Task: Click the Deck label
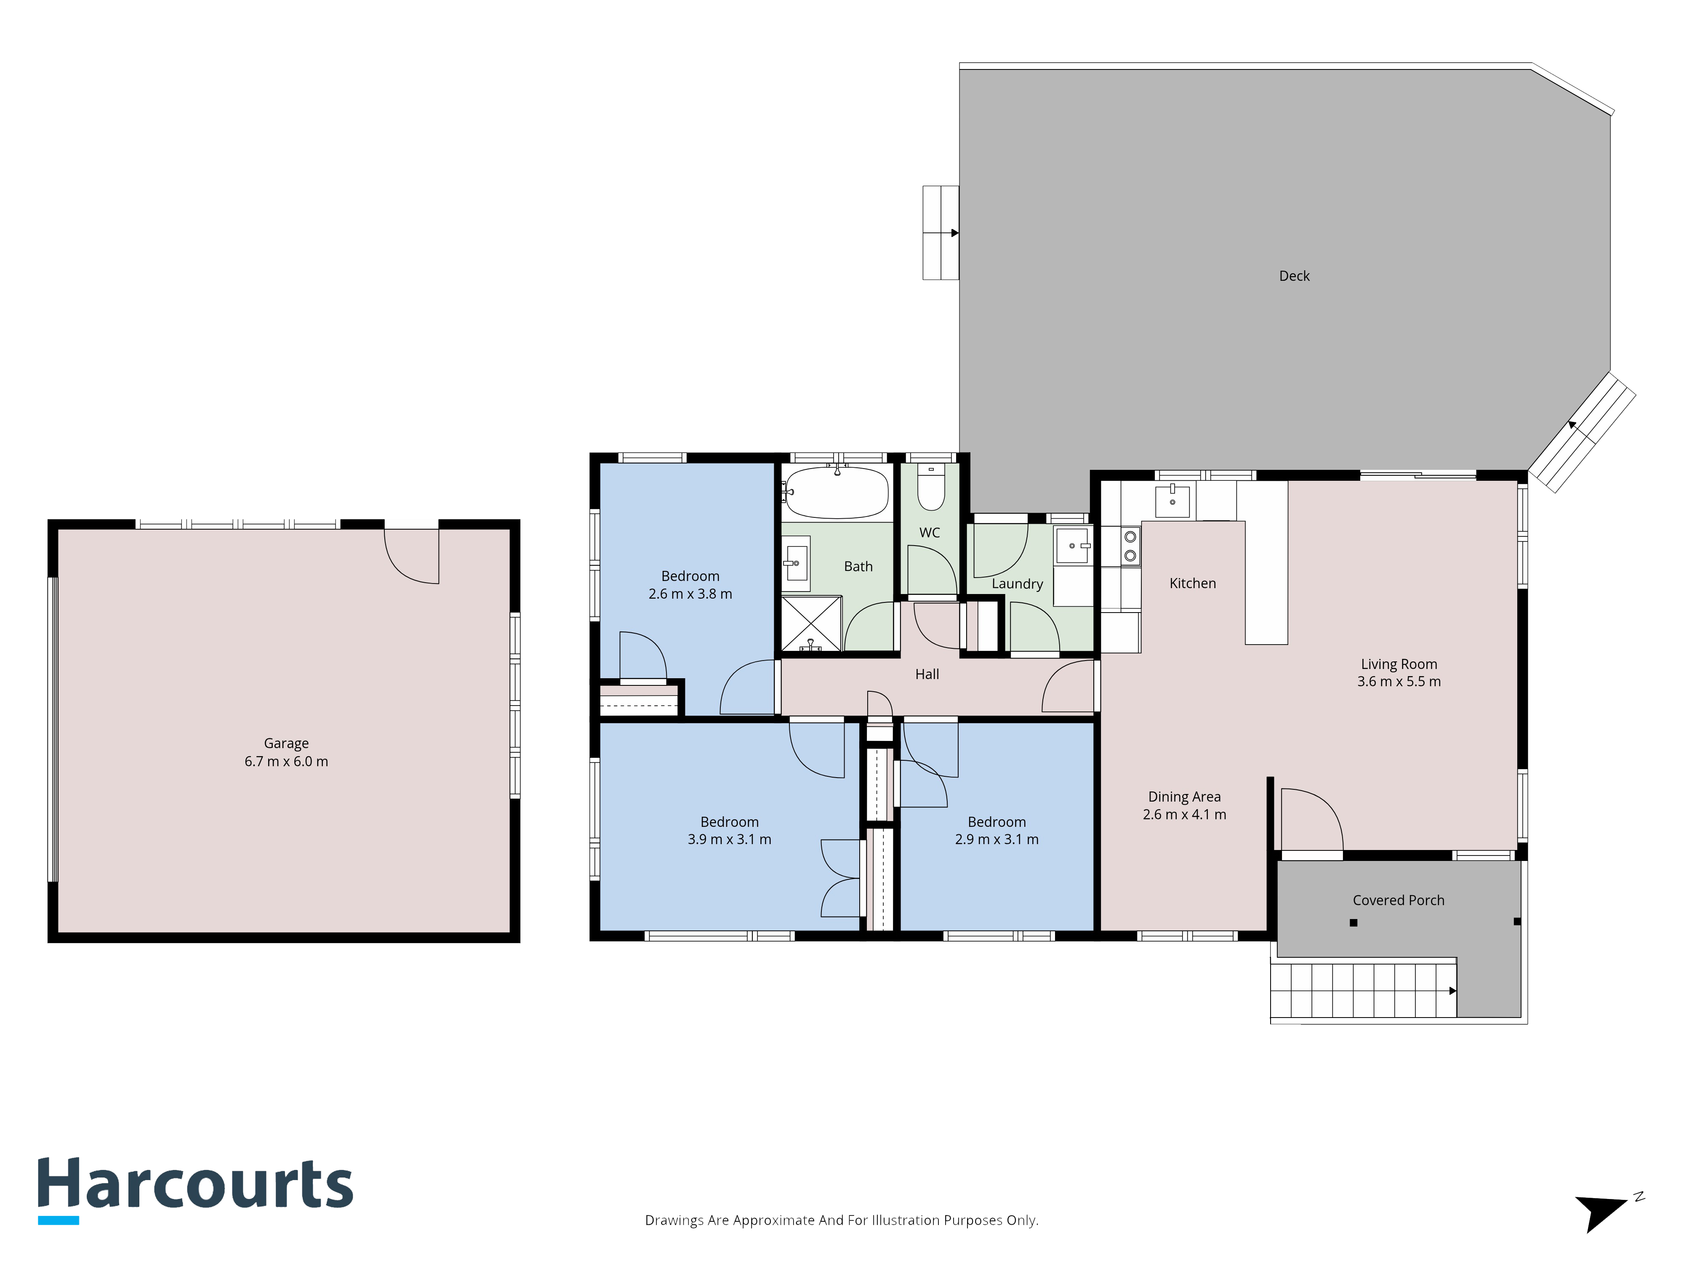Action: [1294, 276]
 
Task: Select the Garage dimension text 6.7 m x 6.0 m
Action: [286, 761]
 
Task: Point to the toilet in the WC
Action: [930, 487]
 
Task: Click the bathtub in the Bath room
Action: [837, 493]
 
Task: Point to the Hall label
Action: [927, 674]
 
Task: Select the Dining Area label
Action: [1185, 797]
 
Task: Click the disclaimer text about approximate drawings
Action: [842, 1220]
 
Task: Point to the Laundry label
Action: [1017, 584]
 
